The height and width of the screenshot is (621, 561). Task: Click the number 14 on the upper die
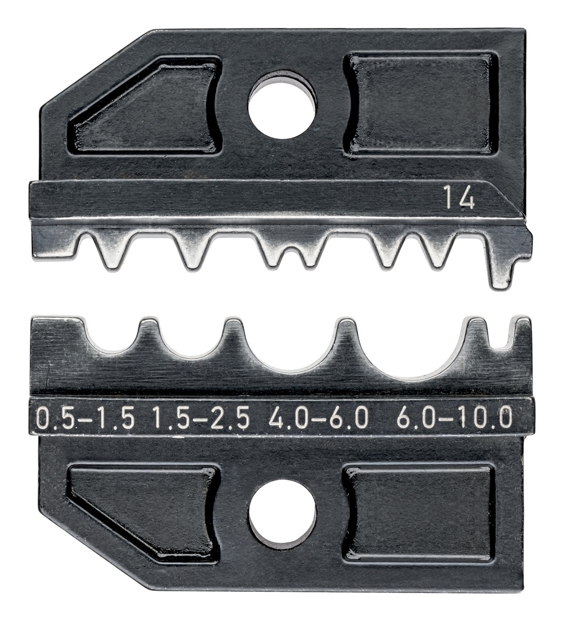[459, 198]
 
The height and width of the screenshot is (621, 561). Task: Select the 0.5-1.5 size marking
[85, 418]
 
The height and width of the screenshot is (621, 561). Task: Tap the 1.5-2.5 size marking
[201, 418]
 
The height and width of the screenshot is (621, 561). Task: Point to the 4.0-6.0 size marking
[318, 418]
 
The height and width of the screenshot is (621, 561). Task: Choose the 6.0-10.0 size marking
[455, 418]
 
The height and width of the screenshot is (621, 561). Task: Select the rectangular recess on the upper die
[421, 103]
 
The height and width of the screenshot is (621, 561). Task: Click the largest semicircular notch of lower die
[418, 355]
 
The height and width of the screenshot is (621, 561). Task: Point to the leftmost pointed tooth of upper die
[112, 250]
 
